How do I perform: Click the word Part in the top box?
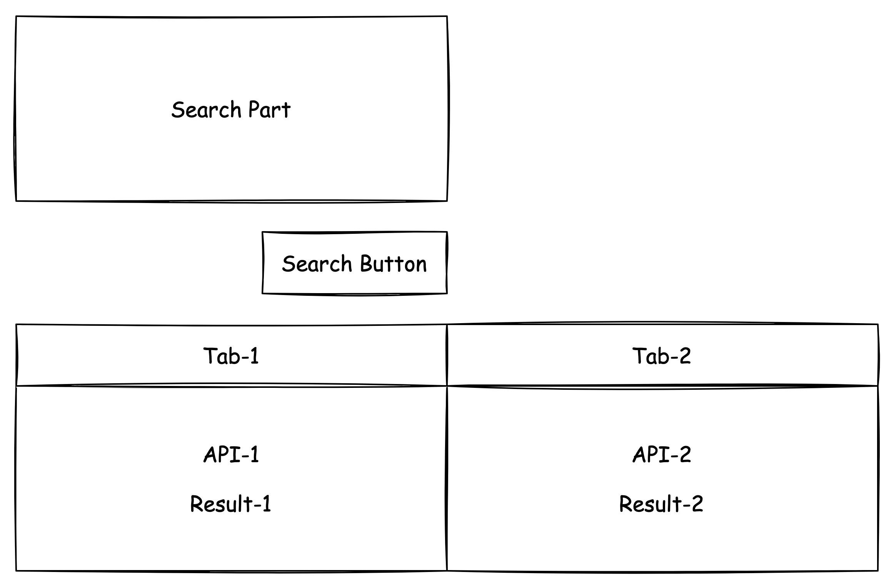click(x=269, y=110)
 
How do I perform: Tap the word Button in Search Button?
click(x=393, y=264)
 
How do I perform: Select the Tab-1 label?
click(x=231, y=356)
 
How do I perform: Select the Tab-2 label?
click(x=662, y=356)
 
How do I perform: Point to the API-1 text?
click(x=231, y=455)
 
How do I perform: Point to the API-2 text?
click(x=662, y=455)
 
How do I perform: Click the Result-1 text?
click(x=231, y=504)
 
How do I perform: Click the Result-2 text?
click(x=661, y=504)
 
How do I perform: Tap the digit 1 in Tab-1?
click(x=254, y=356)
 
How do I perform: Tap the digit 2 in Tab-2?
click(x=685, y=356)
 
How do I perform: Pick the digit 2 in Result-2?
click(x=697, y=504)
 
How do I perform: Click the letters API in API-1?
click(x=222, y=455)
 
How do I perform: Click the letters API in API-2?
click(x=652, y=455)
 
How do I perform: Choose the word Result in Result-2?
click(x=649, y=504)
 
